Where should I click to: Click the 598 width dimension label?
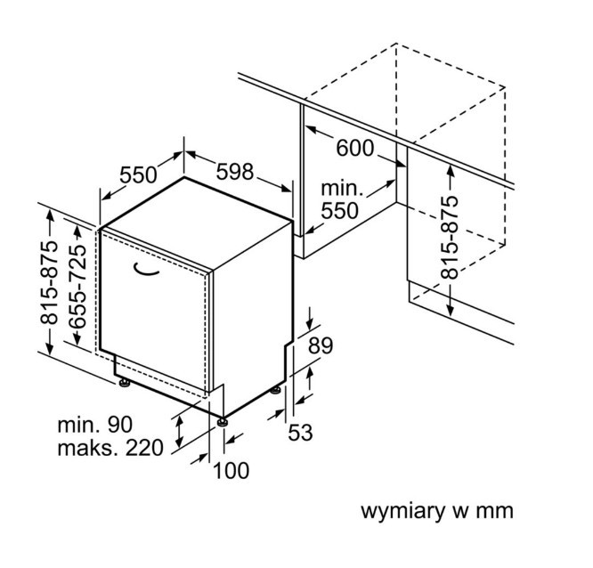coord(234,172)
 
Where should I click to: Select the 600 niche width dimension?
coord(355,148)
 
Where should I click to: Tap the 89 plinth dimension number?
coord(321,345)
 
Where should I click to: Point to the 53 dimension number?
coord(300,433)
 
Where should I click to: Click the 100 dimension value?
coord(232,471)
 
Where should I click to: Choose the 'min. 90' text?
coord(95,425)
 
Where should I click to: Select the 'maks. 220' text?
coord(110,448)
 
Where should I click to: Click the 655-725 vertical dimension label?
coord(77,287)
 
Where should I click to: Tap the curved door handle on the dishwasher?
coord(146,269)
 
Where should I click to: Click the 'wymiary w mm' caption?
coord(437,511)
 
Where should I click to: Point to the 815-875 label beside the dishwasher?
coord(49,282)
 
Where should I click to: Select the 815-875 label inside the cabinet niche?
coord(450,238)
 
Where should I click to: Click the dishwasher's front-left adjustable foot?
coord(124,382)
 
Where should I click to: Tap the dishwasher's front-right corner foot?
coord(222,421)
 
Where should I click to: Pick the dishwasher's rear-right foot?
coord(276,390)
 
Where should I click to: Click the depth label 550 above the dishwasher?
coord(138,174)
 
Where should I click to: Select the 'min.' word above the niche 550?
coord(342,188)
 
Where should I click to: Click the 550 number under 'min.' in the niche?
coord(339,211)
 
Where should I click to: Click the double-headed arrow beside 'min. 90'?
coord(179,431)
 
